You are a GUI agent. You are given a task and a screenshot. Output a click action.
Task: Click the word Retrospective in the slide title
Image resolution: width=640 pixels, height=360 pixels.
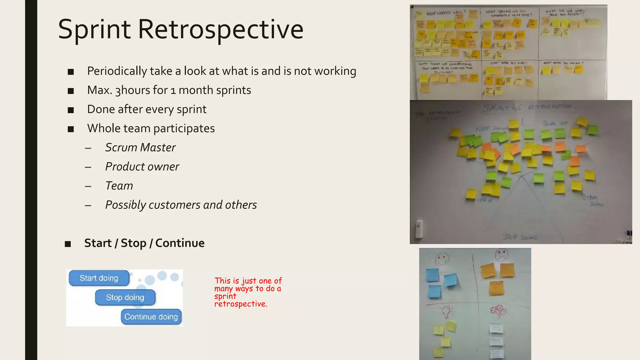(x=221, y=29)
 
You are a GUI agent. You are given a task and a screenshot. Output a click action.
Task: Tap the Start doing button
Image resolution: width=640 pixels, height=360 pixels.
(x=99, y=278)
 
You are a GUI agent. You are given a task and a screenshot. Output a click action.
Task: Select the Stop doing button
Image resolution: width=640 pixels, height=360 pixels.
(x=125, y=297)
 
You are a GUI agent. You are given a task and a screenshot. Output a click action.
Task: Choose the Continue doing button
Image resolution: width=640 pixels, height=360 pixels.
(x=151, y=317)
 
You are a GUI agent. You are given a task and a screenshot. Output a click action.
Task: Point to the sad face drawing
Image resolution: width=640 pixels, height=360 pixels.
(x=502, y=254)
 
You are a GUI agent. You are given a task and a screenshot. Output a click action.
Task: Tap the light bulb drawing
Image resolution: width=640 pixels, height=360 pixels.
(x=446, y=311)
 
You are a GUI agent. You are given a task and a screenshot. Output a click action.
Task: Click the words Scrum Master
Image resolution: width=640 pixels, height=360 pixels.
(x=140, y=147)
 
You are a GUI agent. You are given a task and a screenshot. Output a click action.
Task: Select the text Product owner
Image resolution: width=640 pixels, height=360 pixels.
(x=142, y=167)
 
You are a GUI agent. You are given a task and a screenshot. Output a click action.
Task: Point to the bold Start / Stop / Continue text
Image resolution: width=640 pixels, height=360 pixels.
(x=144, y=243)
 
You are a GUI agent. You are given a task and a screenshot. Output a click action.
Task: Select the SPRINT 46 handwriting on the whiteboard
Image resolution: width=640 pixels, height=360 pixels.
(x=502, y=108)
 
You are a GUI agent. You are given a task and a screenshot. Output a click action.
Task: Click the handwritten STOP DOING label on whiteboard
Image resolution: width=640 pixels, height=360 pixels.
(x=520, y=237)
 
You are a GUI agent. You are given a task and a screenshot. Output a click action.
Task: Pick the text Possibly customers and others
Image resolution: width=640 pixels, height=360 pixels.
(x=181, y=205)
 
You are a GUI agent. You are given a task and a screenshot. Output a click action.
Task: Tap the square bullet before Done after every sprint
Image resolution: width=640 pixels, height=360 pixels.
(x=71, y=110)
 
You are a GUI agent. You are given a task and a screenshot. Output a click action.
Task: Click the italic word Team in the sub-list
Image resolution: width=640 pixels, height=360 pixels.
(x=119, y=186)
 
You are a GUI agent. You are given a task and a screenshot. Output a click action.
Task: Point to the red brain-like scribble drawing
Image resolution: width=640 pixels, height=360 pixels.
(x=498, y=310)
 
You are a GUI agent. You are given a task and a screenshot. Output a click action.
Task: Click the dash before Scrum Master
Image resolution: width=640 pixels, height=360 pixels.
(x=88, y=148)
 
